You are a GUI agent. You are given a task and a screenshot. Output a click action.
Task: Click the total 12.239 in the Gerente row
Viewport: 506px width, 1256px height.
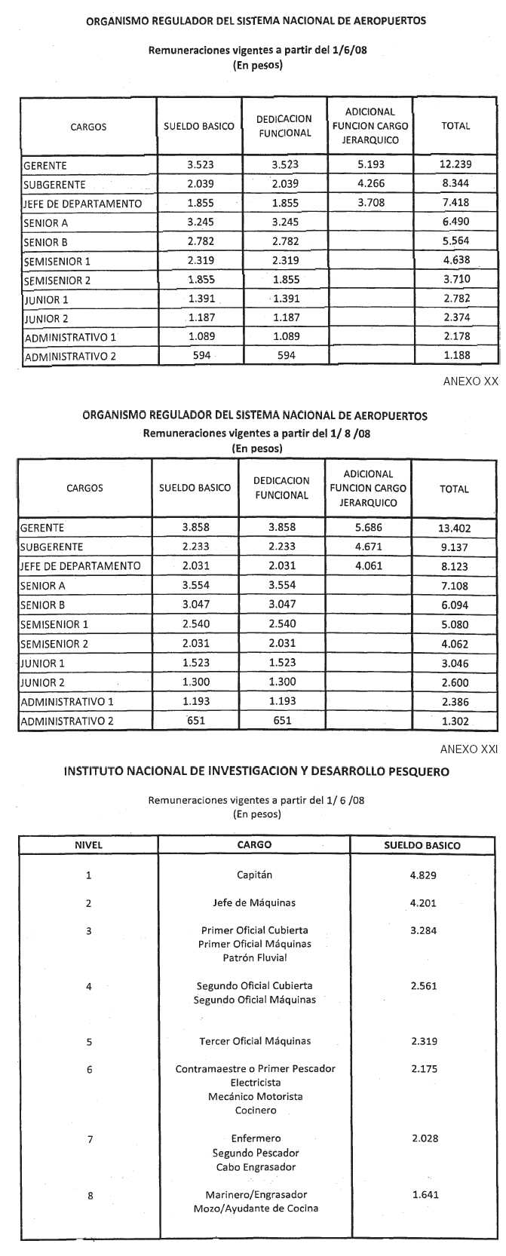[455, 165]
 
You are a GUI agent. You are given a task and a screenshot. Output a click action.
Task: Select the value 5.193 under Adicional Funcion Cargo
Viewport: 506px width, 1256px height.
[370, 165]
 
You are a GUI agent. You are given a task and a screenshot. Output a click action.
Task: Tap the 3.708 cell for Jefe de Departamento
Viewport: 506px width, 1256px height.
[370, 204]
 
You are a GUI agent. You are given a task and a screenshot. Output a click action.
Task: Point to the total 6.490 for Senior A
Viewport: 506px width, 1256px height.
[455, 222]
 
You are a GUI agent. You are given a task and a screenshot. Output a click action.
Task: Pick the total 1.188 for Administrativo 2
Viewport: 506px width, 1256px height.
[455, 356]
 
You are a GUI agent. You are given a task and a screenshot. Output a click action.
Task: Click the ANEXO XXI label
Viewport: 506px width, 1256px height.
[469, 749]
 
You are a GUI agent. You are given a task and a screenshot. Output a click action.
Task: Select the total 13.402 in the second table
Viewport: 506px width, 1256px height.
[453, 528]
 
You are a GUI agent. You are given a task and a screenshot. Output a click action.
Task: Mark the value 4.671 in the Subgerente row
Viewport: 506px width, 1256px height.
[369, 547]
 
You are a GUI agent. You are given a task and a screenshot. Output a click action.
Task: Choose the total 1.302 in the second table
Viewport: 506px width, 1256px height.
[453, 721]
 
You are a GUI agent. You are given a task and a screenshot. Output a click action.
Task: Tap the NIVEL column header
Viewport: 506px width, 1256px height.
[88, 845]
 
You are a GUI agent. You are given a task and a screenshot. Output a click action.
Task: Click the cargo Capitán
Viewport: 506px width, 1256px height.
[254, 875]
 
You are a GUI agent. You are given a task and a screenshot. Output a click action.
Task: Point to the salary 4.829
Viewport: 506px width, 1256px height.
[424, 875]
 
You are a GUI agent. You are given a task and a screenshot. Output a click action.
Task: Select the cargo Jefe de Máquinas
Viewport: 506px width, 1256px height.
[254, 903]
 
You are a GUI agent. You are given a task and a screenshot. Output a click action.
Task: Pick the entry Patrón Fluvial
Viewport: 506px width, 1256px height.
[254, 958]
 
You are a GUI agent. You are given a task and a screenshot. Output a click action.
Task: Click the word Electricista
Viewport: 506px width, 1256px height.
[256, 1083]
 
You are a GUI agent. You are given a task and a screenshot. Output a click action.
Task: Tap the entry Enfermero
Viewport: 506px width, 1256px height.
[256, 1138]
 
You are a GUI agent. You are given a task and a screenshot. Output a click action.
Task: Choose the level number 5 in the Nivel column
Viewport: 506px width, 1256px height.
[89, 1041]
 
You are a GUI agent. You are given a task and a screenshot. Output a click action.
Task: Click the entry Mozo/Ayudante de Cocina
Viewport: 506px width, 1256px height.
[256, 1209]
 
